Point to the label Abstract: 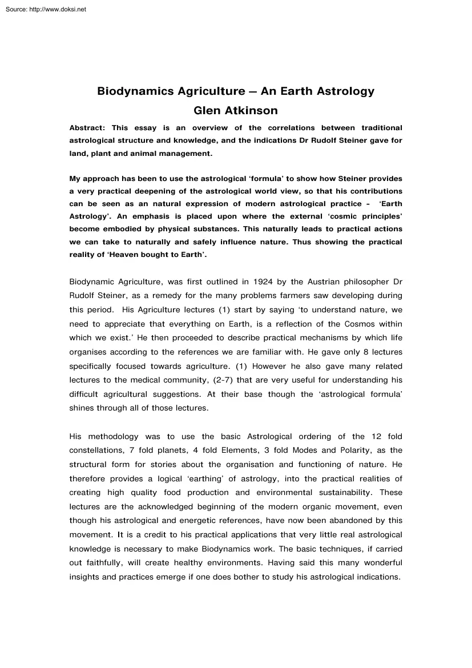(x=87, y=127)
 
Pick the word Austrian (x=310, y=281)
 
